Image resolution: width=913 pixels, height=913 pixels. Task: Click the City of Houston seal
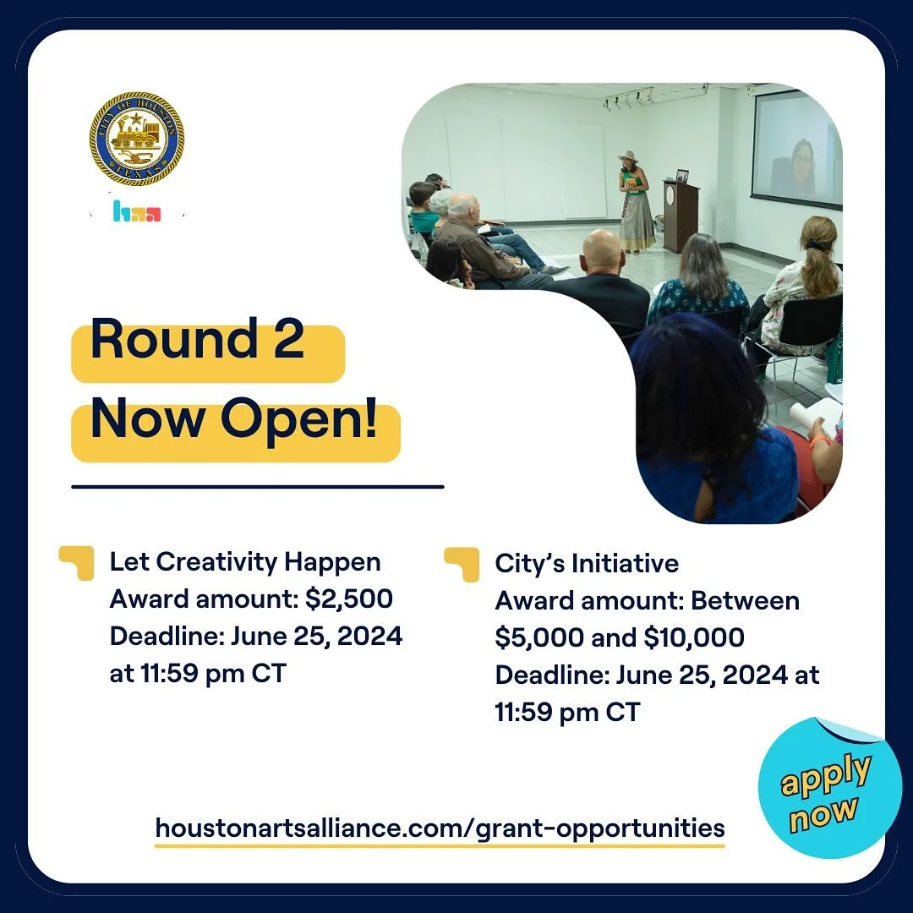(x=137, y=139)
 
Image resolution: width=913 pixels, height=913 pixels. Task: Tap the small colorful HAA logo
(x=136, y=211)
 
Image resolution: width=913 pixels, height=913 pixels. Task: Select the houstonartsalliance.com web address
(x=440, y=827)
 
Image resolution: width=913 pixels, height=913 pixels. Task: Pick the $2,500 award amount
(x=349, y=599)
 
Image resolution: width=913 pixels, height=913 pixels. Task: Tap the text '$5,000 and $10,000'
(x=620, y=637)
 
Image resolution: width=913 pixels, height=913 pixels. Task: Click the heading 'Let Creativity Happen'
(x=245, y=562)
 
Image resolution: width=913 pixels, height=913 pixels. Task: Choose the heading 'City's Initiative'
(x=587, y=563)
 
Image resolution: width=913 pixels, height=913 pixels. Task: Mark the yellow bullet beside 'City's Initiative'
(x=462, y=564)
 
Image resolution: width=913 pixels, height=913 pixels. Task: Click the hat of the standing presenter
(x=628, y=156)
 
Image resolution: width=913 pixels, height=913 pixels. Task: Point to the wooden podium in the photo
(x=681, y=216)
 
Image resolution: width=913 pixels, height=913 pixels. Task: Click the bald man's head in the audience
(x=603, y=251)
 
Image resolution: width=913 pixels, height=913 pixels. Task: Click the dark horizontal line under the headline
(x=258, y=487)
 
